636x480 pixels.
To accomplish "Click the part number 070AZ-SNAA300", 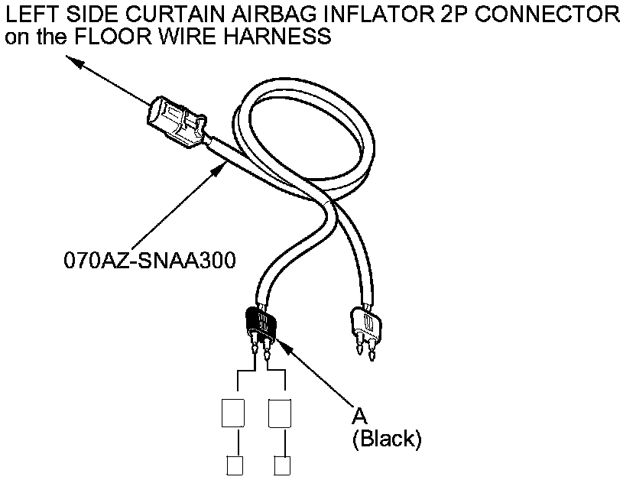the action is [149, 260].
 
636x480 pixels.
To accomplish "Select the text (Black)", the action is [386, 439].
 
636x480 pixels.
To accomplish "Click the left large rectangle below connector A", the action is [232, 413].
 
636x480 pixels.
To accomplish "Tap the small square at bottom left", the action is [233, 465].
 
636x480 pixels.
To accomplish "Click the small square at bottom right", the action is [281, 465].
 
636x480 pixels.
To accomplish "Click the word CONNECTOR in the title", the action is [563, 15].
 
